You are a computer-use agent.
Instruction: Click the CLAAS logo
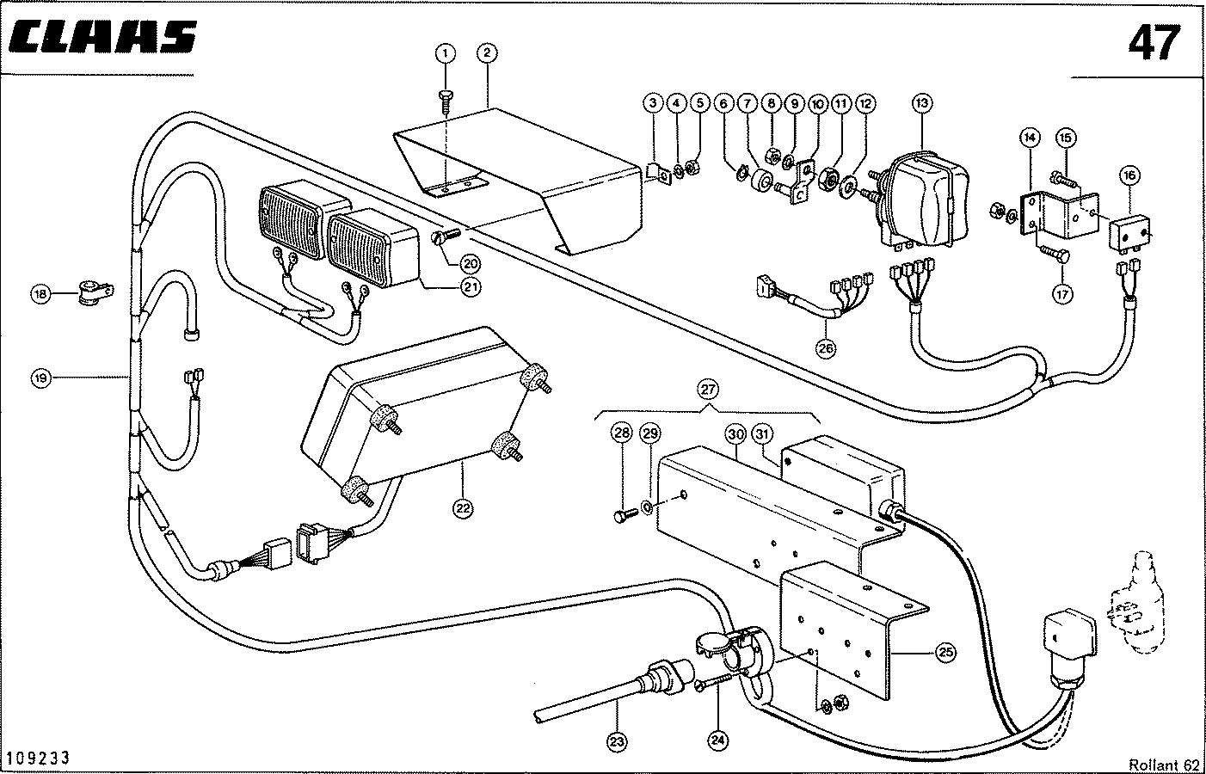(x=102, y=38)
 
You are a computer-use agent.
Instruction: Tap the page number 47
(x=1154, y=43)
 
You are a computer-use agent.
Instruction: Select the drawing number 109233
(x=39, y=758)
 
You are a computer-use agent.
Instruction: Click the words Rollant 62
(x=1164, y=765)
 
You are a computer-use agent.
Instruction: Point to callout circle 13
(x=922, y=103)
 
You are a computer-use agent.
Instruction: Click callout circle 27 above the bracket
(x=708, y=390)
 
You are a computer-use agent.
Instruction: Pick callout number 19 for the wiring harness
(x=41, y=378)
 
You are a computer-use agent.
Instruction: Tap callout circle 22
(x=463, y=508)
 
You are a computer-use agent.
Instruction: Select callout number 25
(x=946, y=653)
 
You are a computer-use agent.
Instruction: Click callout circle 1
(x=446, y=53)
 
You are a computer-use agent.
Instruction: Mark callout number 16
(x=1129, y=175)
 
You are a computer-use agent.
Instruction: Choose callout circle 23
(x=617, y=742)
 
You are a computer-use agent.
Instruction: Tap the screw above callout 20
(x=446, y=236)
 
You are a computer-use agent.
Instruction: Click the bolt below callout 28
(x=625, y=516)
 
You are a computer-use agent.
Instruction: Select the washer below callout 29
(x=648, y=507)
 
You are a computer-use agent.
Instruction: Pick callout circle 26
(x=825, y=348)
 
